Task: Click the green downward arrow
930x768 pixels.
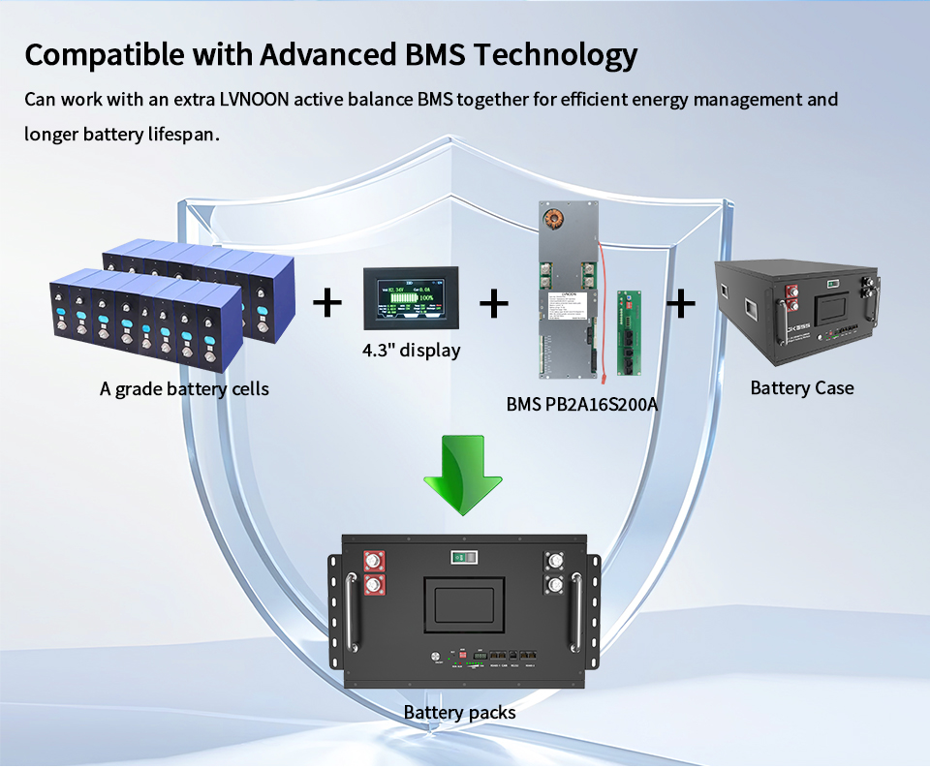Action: click(x=462, y=476)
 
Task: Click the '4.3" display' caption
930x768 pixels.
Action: click(x=411, y=350)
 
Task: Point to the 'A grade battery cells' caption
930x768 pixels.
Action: click(x=184, y=389)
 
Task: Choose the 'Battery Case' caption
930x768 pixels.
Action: click(x=802, y=388)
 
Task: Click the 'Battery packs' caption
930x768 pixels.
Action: click(x=459, y=713)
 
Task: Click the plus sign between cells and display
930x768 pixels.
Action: click(x=328, y=303)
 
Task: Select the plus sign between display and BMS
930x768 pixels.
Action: click(x=494, y=303)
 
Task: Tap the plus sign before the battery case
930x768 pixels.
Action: click(x=682, y=303)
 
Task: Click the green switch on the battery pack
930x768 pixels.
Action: click(x=462, y=558)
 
